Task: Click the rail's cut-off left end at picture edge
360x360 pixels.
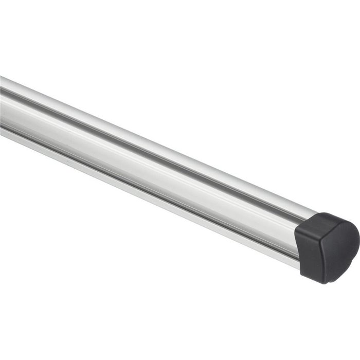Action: [x=2, y=108]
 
